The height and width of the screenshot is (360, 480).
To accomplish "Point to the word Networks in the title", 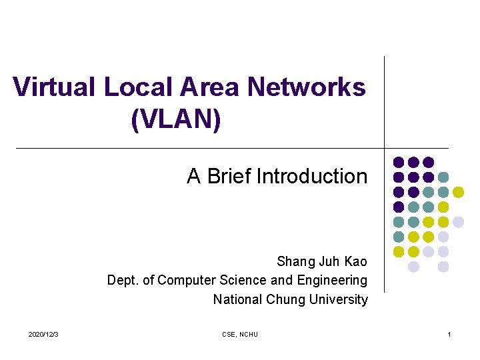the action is pos(307,87).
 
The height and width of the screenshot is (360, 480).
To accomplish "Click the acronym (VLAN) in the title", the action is pos(177,120).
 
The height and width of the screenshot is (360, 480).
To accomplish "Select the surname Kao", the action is pos(354,261).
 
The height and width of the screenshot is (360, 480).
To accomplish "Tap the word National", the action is pos(237,300).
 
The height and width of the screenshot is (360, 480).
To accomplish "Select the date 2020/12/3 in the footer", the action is pos(43,334).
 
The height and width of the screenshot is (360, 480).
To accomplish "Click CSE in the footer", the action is pos(229,334).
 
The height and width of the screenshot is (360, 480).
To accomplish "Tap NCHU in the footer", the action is pos(249,334).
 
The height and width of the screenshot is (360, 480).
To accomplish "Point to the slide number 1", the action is pos(449,334).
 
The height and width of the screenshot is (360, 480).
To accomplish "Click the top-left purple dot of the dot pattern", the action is pos(399,162).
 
